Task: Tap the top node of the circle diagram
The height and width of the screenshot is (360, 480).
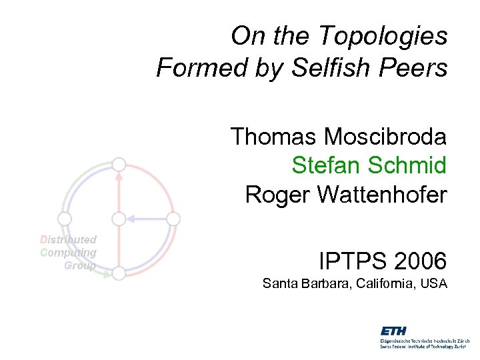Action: point(119,164)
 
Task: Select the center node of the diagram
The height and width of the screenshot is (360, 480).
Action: point(119,218)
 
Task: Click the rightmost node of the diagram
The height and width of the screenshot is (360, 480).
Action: point(173,218)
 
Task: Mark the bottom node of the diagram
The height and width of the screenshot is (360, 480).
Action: point(119,273)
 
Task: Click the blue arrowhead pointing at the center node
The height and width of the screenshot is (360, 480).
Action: point(131,218)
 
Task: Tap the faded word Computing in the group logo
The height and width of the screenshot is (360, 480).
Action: point(69,252)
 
